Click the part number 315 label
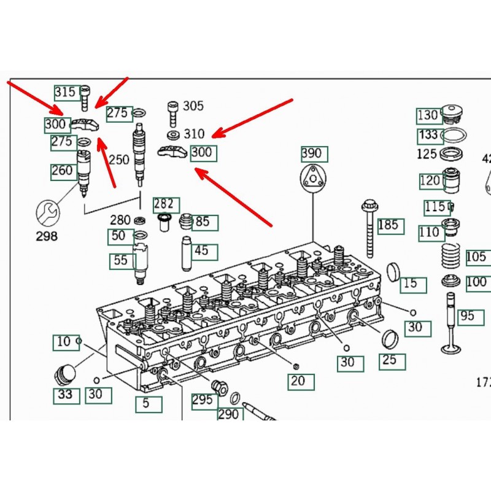(x=65, y=93)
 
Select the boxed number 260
(x=62, y=171)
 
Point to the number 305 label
(x=193, y=106)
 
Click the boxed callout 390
(x=314, y=153)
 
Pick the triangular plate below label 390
(x=314, y=180)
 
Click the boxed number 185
(x=391, y=225)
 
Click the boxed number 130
(x=428, y=115)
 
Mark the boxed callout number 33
(x=65, y=395)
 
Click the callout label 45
(x=201, y=250)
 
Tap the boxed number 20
(x=298, y=381)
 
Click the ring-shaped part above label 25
(x=389, y=338)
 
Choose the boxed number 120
(x=430, y=180)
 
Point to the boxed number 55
(x=121, y=261)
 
